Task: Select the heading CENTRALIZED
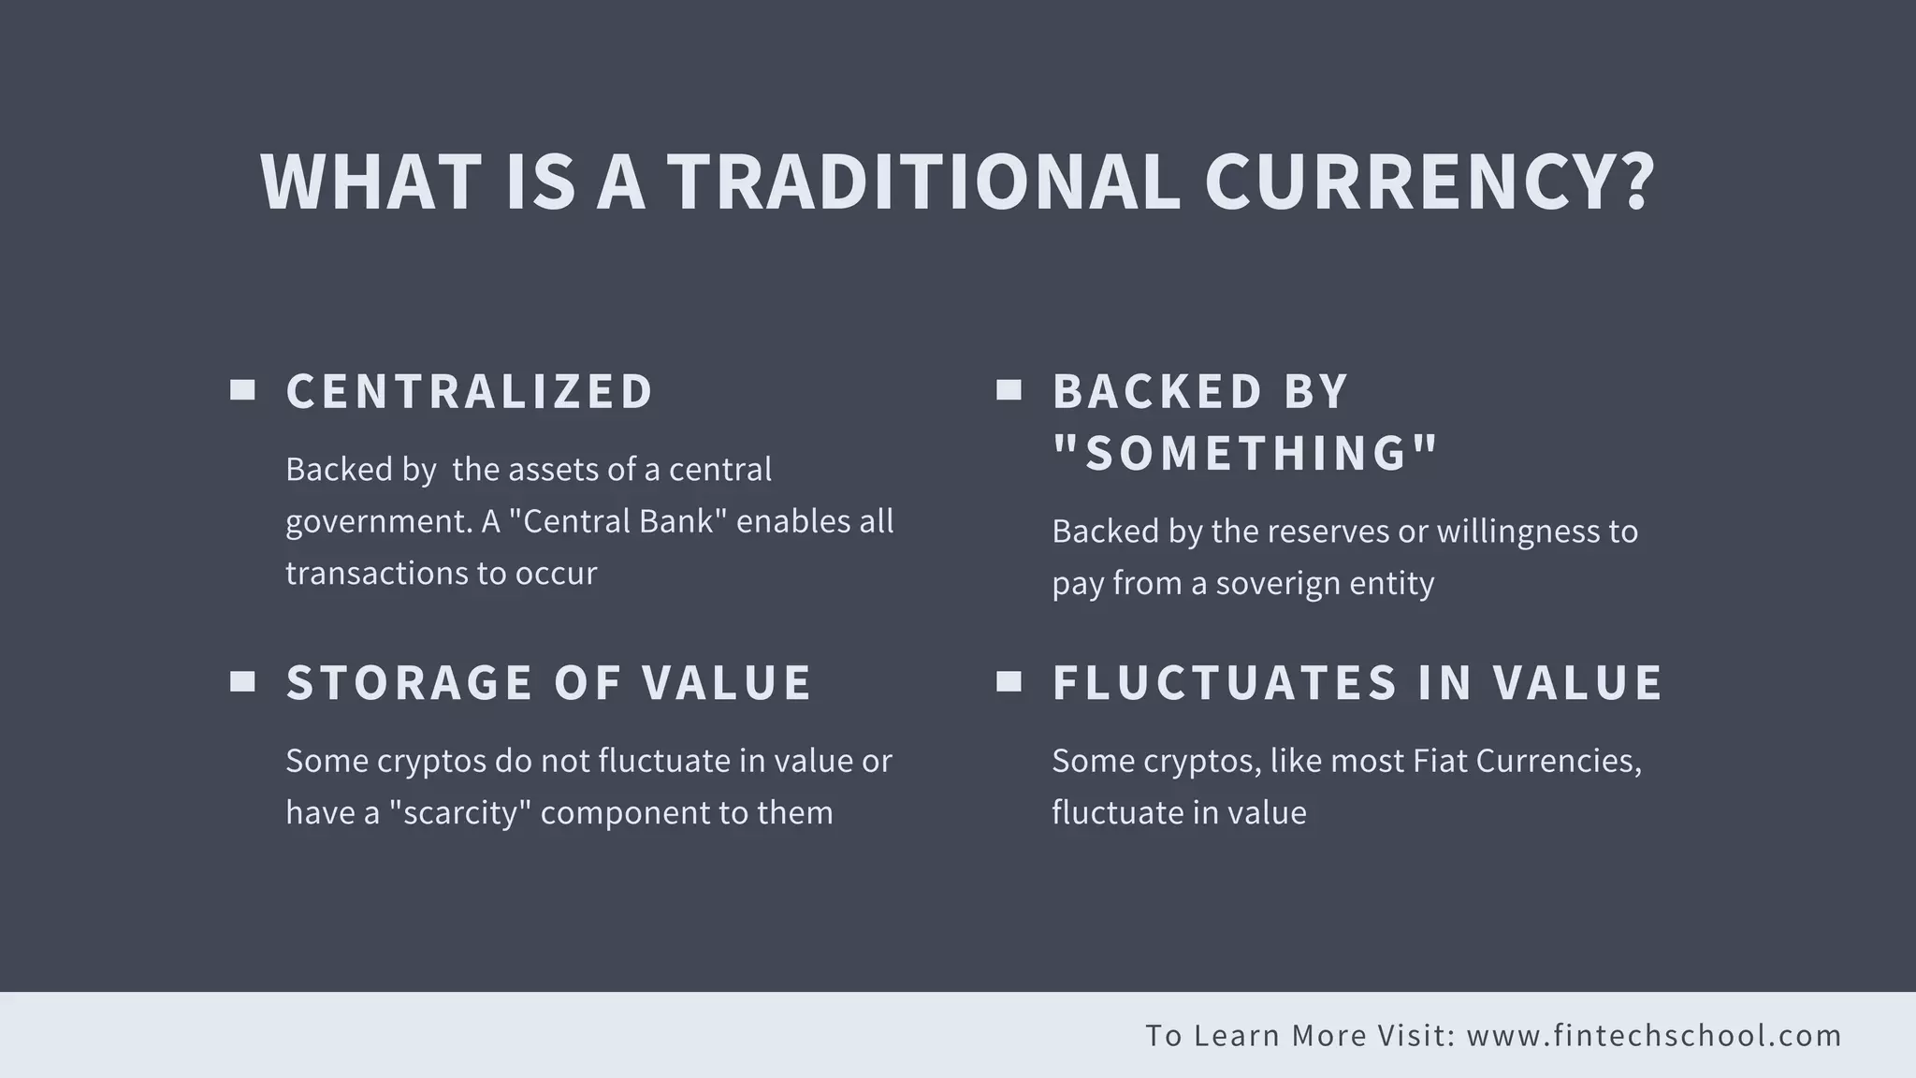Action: (x=469, y=391)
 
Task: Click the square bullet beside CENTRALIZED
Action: (x=243, y=390)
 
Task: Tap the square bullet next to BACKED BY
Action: (x=1009, y=390)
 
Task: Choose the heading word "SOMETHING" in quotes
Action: (x=1245, y=453)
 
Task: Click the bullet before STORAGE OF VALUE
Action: (x=243, y=682)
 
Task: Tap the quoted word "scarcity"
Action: (x=459, y=812)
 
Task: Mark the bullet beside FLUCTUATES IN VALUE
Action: (x=1009, y=682)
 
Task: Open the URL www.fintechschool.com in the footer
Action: (x=1654, y=1036)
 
